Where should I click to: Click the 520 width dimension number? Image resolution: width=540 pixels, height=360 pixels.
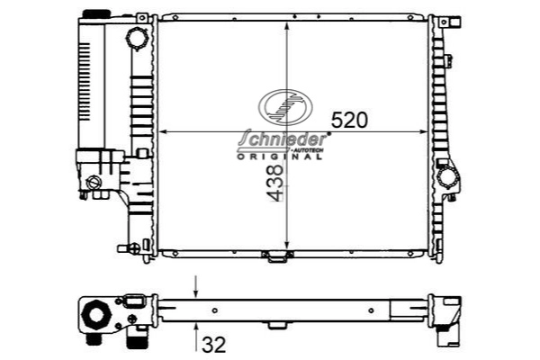tap(350, 120)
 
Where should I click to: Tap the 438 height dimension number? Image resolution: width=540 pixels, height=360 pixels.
tap(274, 192)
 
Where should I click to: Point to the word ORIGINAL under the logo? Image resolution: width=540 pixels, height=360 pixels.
tap(280, 156)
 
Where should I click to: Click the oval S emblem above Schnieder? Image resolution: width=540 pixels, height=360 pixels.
tap(283, 108)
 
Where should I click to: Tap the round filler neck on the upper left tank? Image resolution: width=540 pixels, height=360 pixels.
tap(136, 40)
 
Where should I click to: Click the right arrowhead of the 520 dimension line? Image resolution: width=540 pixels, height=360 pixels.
tap(426, 132)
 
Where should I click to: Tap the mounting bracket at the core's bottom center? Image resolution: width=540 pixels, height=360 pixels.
tap(276, 256)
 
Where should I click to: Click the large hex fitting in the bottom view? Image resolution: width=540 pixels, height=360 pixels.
tap(93, 317)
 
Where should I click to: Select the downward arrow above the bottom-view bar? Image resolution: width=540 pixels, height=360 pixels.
tap(197, 290)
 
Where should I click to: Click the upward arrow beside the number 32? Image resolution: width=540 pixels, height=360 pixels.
tap(197, 335)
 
